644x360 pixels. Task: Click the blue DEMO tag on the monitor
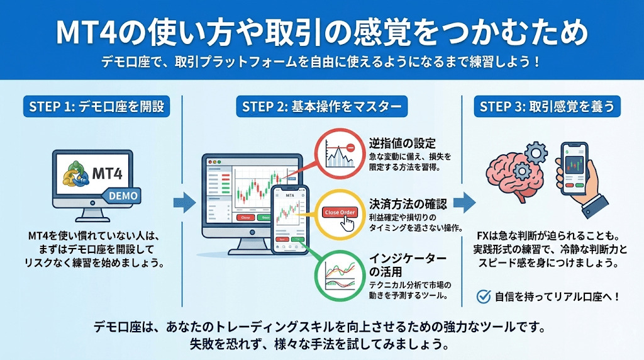[x=123, y=196]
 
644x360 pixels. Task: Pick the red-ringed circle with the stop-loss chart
[x=339, y=153]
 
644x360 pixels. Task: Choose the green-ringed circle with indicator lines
[x=339, y=275]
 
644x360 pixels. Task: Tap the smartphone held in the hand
[x=574, y=168]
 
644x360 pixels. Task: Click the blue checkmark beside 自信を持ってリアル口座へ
[x=484, y=295]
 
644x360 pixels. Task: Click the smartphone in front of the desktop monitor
[x=289, y=220]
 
